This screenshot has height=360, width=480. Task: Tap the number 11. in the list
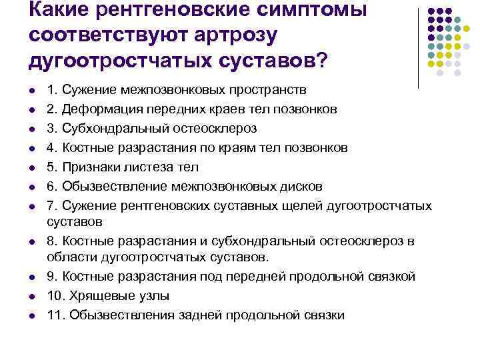55,314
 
